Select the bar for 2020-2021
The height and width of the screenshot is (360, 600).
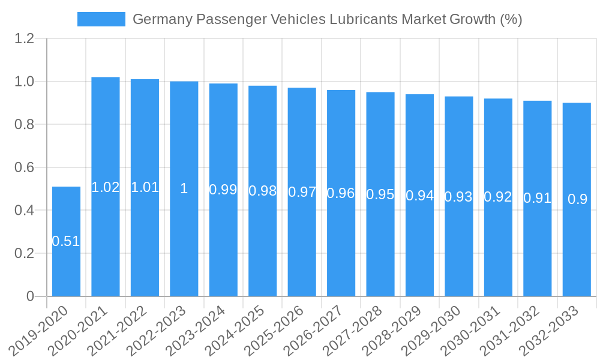[106, 240]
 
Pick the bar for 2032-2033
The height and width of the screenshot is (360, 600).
[577, 252]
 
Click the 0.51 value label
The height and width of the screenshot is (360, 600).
[66, 241]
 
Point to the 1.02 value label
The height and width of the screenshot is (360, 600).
[106, 187]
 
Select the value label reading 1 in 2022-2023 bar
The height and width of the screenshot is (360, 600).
[184, 188]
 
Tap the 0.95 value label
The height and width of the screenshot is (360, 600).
[380, 194]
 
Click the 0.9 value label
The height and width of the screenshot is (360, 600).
[577, 200]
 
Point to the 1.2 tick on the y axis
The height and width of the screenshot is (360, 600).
[25, 39]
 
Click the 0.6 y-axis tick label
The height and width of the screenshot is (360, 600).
[25, 167]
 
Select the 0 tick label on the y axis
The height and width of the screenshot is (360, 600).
[31, 296]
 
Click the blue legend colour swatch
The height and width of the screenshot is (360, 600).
[101, 19]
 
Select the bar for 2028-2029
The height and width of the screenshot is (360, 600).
[420, 252]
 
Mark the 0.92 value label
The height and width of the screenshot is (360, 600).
[498, 197]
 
